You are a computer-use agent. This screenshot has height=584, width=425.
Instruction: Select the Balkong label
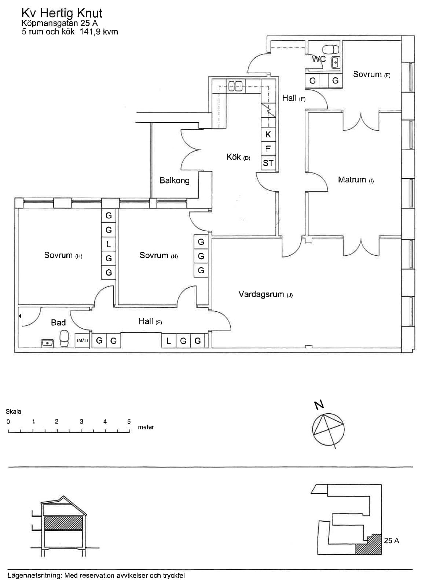coord(175,180)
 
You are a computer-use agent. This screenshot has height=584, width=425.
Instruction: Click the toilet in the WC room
coord(331,49)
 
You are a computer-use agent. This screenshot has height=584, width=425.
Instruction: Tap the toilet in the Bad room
coord(64,339)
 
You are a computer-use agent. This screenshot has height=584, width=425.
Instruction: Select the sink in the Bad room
coord(47,343)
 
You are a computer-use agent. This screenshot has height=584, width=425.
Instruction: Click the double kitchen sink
coord(235,86)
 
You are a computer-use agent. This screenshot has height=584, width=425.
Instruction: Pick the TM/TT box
coord(82,340)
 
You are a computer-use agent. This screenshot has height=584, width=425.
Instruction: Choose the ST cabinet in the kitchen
coord(268,163)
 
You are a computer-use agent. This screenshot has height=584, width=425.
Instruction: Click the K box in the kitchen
coord(268,134)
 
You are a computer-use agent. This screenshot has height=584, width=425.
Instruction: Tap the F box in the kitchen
coord(268,149)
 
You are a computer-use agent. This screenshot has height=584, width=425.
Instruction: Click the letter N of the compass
coord(319,405)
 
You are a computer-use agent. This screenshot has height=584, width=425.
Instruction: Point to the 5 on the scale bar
coord(129,422)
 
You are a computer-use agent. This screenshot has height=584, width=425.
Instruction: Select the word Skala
coord(13,412)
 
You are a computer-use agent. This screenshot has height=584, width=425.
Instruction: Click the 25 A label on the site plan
coord(391,541)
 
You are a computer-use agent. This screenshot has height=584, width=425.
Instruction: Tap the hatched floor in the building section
coord(63,523)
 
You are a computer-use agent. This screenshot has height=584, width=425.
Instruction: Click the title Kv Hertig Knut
coord(62,13)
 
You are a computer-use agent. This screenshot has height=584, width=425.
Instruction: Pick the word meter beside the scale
coord(146,427)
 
